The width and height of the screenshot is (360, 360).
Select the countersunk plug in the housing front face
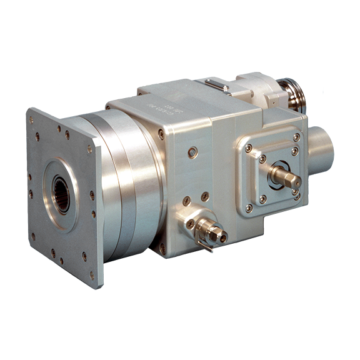193,151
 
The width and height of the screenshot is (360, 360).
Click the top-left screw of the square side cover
248,148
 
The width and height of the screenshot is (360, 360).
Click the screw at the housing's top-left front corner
161,133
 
